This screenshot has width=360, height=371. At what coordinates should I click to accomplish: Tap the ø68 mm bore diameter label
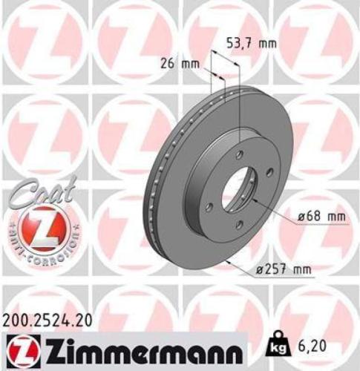pos(321,217)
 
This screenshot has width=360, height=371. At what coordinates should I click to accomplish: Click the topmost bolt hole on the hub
pos(240,154)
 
